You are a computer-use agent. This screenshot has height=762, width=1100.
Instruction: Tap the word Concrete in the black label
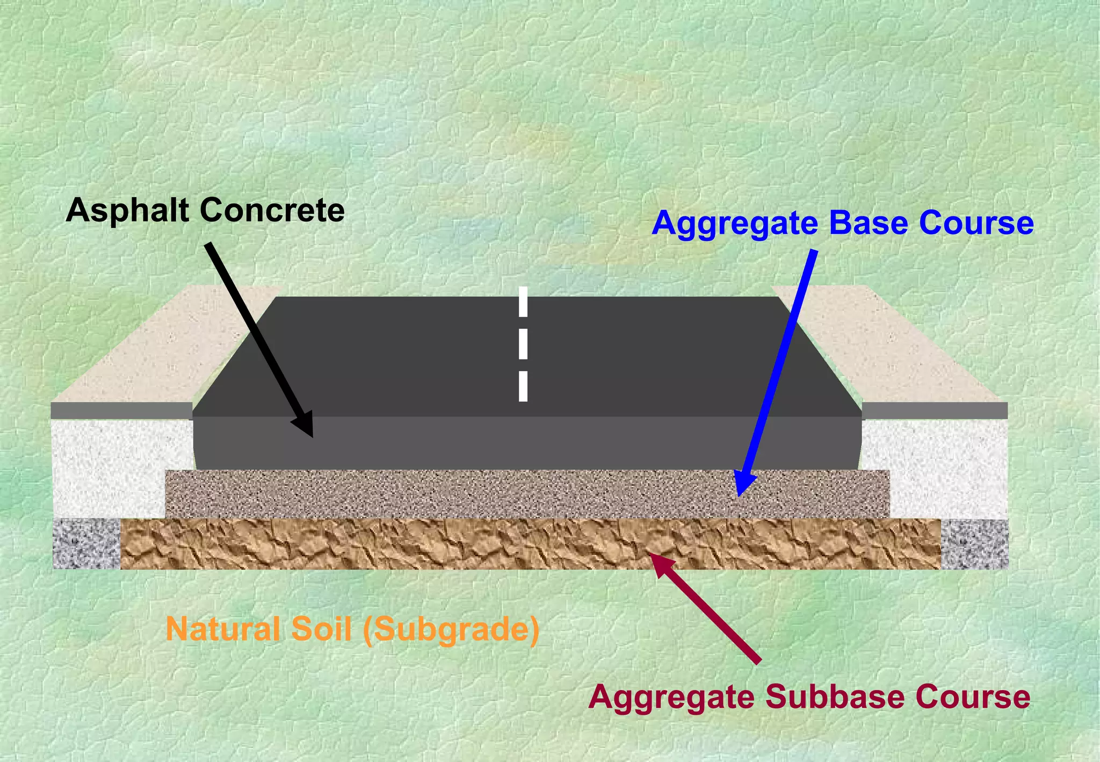(272, 210)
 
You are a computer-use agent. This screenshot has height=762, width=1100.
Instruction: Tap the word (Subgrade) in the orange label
(451, 630)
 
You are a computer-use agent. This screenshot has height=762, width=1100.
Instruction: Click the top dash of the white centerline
(523, 302)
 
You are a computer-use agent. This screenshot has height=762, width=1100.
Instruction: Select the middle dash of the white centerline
(523, 344)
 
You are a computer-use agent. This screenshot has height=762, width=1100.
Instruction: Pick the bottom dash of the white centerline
(523, 386)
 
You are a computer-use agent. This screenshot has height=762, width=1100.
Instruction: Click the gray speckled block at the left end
(86, 544)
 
